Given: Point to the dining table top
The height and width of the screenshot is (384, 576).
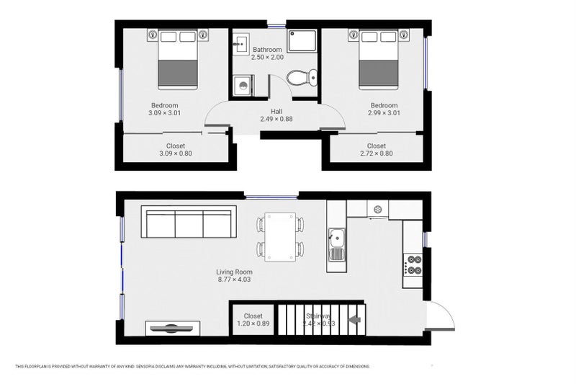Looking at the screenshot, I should pyautogui.click(x=280, y=236).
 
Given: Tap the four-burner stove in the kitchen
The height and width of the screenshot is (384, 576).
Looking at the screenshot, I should pyautogui.click(x=413, y=265).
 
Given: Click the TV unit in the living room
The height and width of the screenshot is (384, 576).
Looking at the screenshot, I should pyautogui.click(x=171, y=329).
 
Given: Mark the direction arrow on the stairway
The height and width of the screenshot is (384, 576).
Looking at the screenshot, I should pyautogui.click(x=354, y=320).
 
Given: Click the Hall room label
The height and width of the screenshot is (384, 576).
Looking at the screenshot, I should pyautogui.click(x=276, y=112).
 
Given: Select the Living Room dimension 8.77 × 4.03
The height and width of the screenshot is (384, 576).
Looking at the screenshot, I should pyautogui.click(x=234, y=280).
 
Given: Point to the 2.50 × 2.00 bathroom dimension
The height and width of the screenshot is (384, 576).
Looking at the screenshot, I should pyautogui.click(x=266, y=57).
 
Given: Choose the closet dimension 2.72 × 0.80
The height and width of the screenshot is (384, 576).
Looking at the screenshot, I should pyautogui.click(x=377, y=153).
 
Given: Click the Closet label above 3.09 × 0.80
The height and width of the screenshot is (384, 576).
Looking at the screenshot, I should pyautogui.click(x=176, y=146).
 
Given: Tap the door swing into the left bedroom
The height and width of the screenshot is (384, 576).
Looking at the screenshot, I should pyautogui.click(x=218, y=115).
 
